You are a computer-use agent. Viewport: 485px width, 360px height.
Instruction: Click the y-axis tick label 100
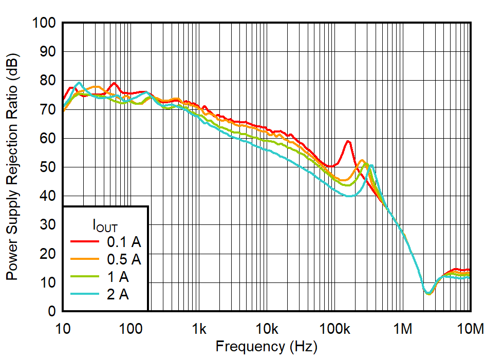click(x=44, y=23)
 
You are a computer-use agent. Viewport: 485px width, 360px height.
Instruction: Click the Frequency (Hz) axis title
click(x=266, y=347)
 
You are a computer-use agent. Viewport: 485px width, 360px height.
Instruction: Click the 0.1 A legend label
click(x=123, y=241)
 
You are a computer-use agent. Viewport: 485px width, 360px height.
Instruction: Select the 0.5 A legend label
click(x=123, y=259)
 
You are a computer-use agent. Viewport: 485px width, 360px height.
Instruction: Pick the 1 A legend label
click(x=118, y=277)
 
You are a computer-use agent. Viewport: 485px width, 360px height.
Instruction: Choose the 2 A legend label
click(x=118, y=295)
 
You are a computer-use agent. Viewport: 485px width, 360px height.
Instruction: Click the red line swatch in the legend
click(x=85, y=241)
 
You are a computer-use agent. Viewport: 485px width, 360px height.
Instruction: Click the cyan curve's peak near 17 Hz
click(x=79, y=82)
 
